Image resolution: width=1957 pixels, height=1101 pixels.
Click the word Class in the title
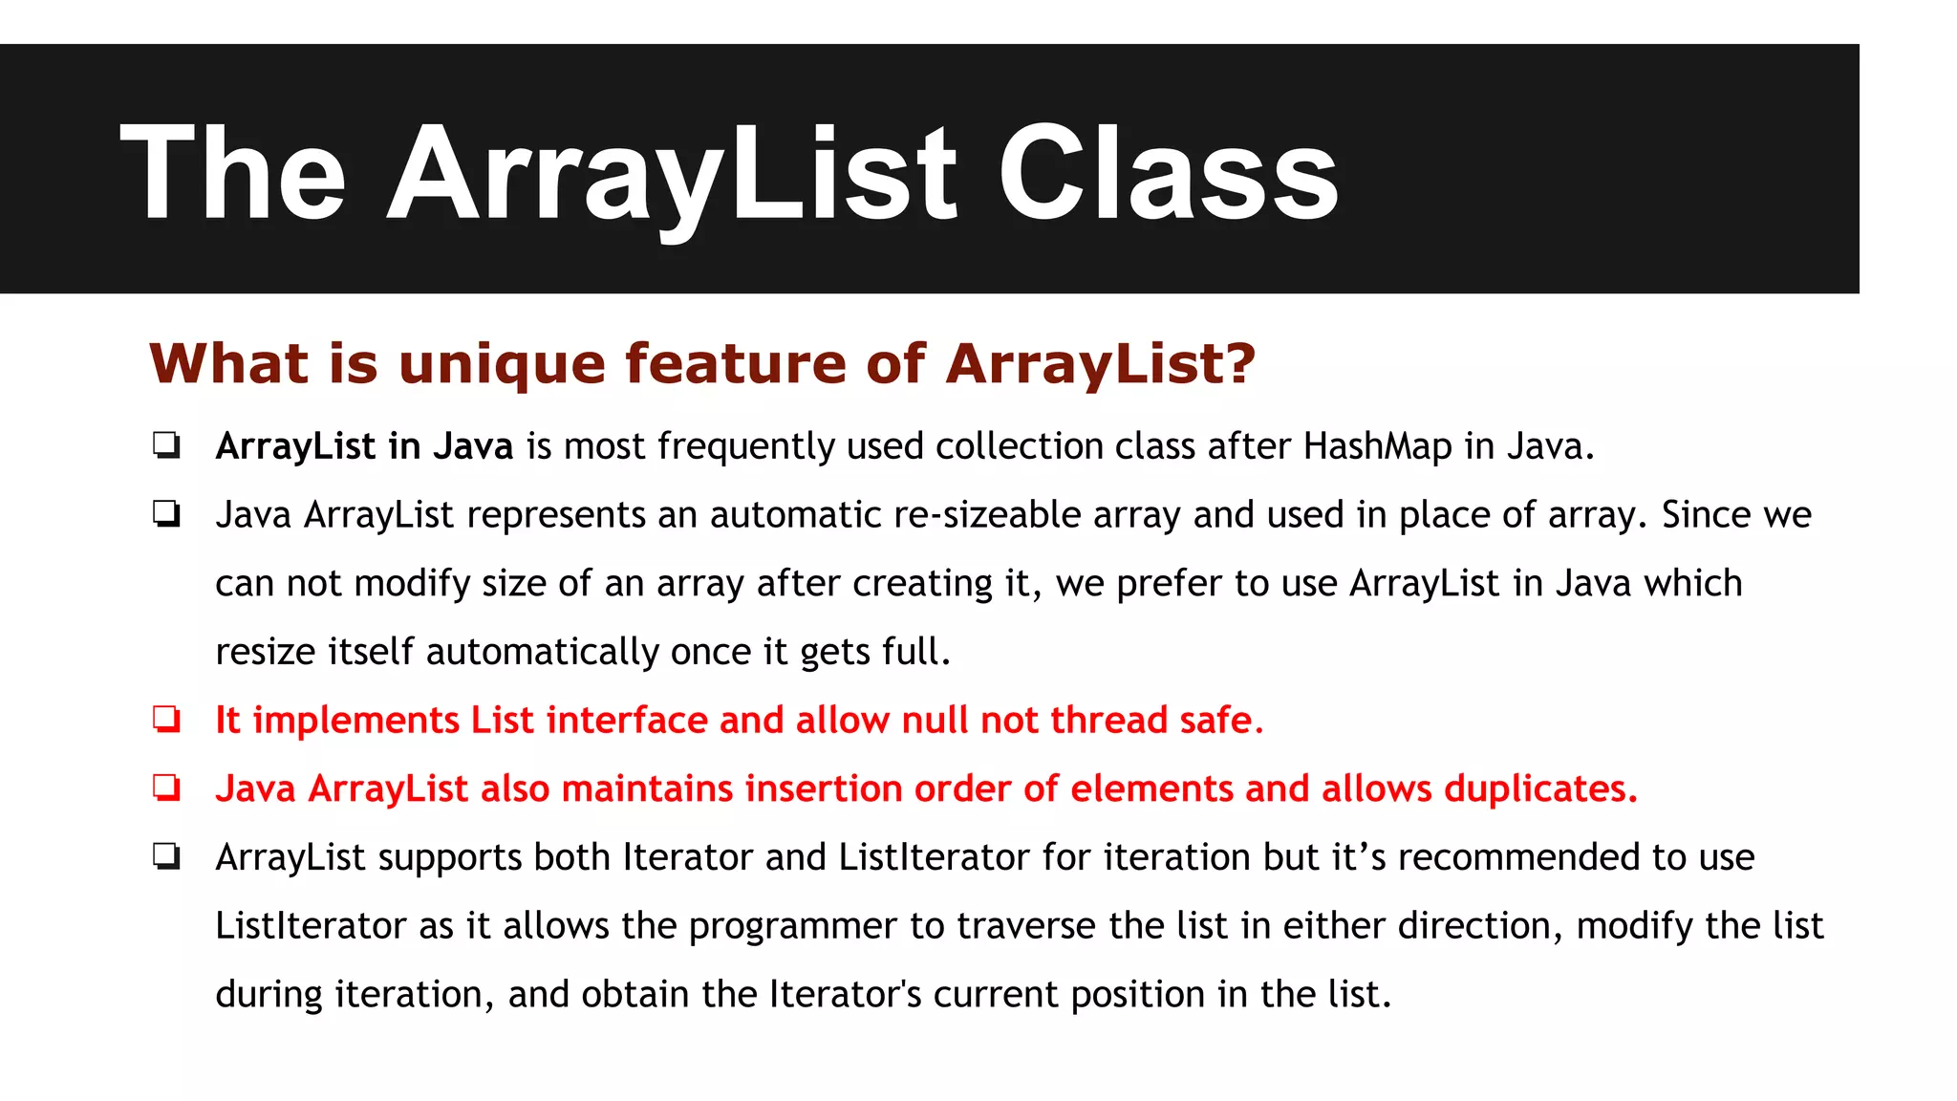1168,174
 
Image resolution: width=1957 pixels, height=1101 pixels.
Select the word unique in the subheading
502,364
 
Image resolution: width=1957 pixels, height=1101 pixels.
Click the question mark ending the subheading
1240,363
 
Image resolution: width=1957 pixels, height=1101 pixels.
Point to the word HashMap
1377,446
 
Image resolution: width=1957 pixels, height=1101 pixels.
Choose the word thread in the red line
1108,720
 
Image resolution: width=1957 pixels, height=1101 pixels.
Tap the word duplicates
1539,788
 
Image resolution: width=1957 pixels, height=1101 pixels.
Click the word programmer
792,926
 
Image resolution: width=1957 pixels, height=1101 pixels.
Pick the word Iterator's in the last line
845,994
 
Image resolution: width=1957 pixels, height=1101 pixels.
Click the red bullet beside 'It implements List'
167,720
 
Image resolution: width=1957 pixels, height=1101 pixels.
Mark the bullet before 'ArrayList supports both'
167,857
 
